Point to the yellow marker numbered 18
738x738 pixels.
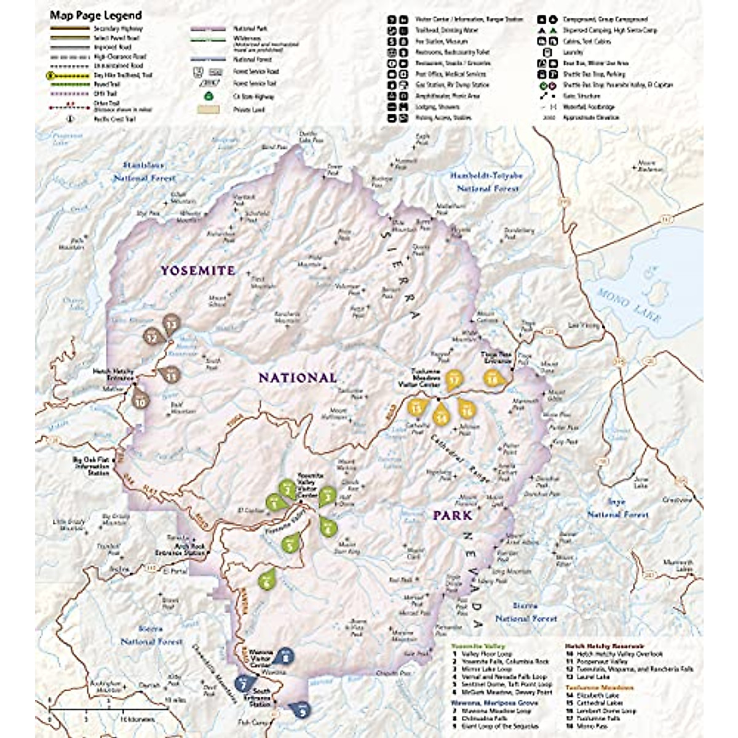point(493,379)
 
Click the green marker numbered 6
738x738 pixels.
point(267,579)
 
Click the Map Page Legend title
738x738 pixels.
point(95,15)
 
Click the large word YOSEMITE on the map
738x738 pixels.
point(197,271)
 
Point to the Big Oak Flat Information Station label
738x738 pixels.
point(91,466)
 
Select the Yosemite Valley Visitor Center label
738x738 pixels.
point(310,485)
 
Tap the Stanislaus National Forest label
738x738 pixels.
point(144,172)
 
